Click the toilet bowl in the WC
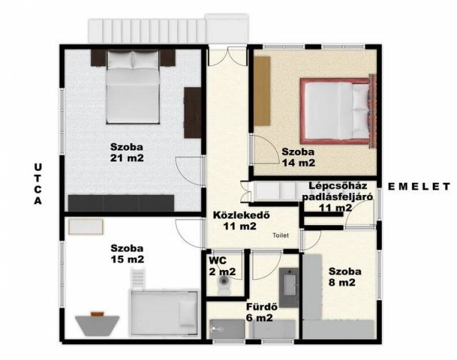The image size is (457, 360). click(224, 284)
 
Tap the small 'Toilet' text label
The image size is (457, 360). click(281, 235)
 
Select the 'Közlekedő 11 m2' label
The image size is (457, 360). click(241, 221)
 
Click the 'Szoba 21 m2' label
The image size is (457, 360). click(127, 152)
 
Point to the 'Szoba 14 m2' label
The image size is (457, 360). click(298, 157)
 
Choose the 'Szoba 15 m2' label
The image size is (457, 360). click(127, 254)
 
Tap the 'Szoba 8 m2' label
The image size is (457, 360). click(344, 277)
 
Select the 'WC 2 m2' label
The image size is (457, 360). click(222, 266)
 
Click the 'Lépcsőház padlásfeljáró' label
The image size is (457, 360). click(338, 191)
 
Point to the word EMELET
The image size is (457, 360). click(419, 186)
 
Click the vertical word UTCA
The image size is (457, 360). click(38, 184)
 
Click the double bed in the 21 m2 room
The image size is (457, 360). click(133, 87)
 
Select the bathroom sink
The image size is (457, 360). click(288, 287)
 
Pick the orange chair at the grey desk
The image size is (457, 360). click(97, 314)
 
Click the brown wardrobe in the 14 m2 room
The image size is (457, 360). click(262, 91)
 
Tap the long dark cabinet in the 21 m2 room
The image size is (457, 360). click(121, 203)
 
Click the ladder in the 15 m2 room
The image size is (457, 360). click(137, 278)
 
